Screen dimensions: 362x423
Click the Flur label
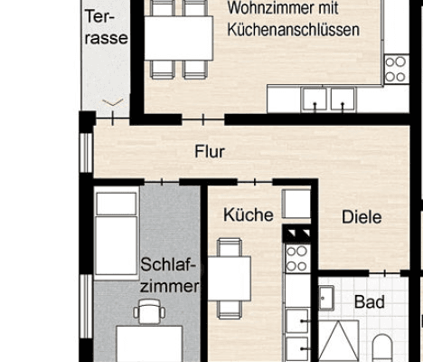(x=210, y=152)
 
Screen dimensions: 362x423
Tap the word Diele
(x=362, y=217)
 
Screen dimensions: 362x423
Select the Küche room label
(x=248, y=215)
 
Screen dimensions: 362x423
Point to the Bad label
(x=369, y=301)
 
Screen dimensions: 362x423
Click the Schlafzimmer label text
(x=169, y=276)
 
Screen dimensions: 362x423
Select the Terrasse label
(x=105, y=27)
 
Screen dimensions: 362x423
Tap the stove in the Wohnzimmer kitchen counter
(x=396, y=69)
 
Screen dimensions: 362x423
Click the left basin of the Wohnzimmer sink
(x=314, y=99)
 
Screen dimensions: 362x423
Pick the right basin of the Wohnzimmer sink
(x=342, y=99)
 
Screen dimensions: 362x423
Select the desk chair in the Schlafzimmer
(x=148, y=312)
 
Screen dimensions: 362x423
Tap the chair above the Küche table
(x=230, y=246)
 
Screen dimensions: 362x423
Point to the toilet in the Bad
(x=382, y=348)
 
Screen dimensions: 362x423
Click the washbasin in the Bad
(x=326, y=298)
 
